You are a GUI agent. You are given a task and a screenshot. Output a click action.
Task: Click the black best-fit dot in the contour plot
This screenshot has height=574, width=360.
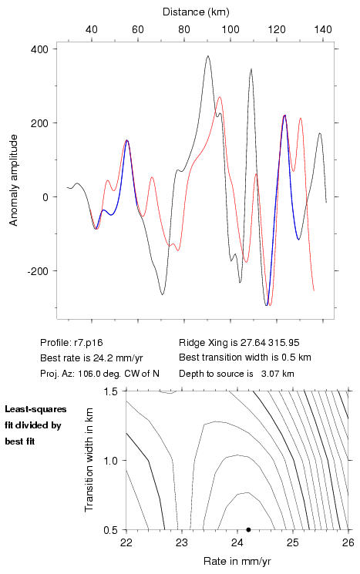pos(248,529)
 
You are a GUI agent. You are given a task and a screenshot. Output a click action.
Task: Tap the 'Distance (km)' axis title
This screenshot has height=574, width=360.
pos(196,12)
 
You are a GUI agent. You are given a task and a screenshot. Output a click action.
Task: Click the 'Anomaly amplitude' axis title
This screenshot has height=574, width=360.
pos(14,180)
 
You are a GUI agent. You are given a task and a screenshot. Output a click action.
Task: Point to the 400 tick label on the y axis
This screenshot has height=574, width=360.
pos(39,49)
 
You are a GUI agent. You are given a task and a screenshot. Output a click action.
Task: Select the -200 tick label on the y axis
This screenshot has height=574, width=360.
pos(37,271)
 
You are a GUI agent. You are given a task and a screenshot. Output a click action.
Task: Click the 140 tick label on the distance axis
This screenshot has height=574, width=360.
pos(323,29)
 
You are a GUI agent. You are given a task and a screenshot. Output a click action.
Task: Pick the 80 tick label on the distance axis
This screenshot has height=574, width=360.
pos(183,29)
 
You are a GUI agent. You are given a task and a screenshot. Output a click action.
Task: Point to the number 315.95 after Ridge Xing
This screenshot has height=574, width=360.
pos(284,343)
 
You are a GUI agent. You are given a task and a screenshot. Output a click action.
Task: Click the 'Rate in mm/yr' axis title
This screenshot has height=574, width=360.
pos(237,561)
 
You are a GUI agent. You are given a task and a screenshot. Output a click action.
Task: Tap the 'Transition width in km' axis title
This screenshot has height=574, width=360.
pos(89,460)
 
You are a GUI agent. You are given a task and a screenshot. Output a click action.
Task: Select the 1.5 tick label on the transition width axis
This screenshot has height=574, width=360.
pos(110,391)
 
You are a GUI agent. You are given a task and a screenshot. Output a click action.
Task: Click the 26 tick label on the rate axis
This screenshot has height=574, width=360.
pos(348,542)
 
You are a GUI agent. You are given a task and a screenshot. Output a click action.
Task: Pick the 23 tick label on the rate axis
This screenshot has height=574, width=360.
pos(182,542)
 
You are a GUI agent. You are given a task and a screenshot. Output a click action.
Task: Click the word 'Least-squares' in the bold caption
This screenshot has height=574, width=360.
pos(35,409)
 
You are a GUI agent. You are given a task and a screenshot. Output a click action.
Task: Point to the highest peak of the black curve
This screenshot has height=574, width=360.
pos(208,56)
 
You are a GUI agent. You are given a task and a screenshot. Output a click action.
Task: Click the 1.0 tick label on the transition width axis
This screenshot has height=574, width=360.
pos(110,461)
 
